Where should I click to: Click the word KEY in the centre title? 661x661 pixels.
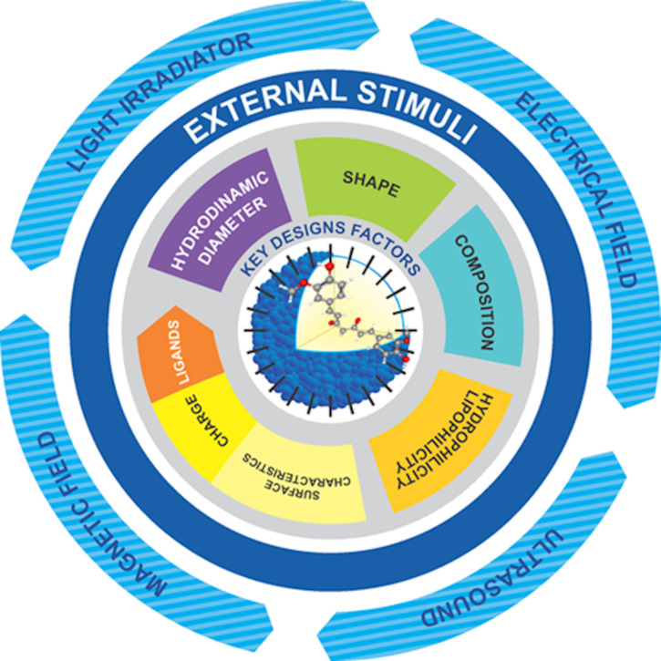click(x=258, y=267)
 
